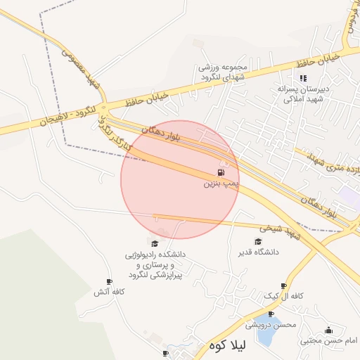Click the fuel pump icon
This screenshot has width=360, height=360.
[x=221, y=172]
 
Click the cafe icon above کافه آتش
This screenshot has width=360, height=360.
[x=108, y=281]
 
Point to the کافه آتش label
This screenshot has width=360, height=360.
[x=110, y=292]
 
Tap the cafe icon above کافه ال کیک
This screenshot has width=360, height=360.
[x=283, y=285]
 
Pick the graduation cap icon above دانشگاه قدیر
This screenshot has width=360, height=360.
[x=258, y=241]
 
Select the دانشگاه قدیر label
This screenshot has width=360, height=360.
[x=260, y=251]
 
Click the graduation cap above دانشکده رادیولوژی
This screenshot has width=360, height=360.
[x=154, y=242]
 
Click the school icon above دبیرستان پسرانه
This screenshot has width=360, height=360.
[x=303, y=78]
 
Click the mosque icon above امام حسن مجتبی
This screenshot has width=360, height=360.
[x=328, y=330]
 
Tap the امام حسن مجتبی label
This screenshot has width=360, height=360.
[x=329, y=341]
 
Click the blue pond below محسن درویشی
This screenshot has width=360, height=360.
[x=266, y=336]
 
